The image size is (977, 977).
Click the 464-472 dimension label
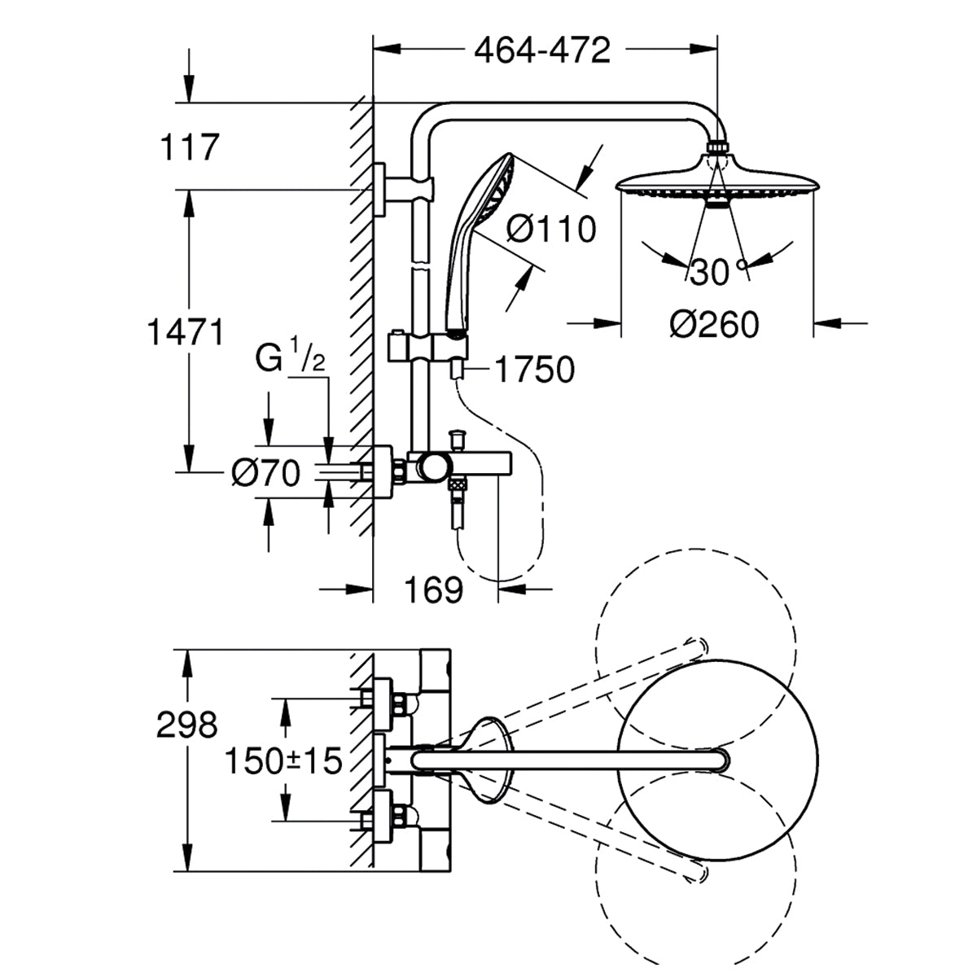542,50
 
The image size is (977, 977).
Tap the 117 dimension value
190,148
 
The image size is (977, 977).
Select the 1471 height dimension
185,332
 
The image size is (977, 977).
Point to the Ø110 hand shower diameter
550,229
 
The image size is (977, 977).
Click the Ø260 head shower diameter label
714,325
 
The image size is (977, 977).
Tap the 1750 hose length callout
534,370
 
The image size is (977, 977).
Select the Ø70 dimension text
265,473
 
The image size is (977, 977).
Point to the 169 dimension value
433,589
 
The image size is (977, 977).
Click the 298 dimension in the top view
186,725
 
